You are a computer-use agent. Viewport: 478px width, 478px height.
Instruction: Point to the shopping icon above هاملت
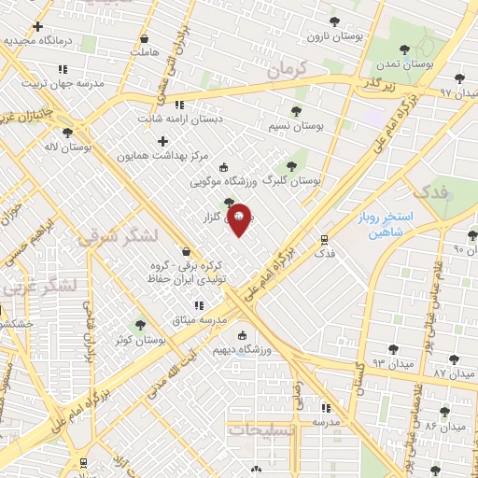pyautogui.click(x=144, y=38)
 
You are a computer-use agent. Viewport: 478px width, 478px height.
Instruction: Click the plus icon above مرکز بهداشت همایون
pyautogui.click(x=163, y=141)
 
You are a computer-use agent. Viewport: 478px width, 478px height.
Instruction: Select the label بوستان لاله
pyautogui.click(x=65, y=147)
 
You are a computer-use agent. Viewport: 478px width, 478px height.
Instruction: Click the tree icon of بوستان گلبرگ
pyautogui.click(x=291, y=165)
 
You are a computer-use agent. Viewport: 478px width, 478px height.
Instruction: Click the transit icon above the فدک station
pyautogui.click(x=324, y=238)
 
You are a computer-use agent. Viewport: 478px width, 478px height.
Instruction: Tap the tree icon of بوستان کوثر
pyautogui.click(x=141, y=325)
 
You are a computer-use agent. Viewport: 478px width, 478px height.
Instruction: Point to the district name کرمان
pyautogui.click(x=286, y=67)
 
